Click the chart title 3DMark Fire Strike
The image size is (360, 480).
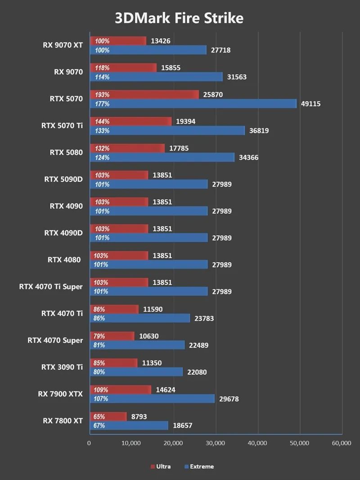coord(179,18)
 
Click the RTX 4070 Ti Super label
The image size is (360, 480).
coord(51,287)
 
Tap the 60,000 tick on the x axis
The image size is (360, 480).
coord(341,443)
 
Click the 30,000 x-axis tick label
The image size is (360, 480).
coord(216,443)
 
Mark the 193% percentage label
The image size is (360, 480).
coord(102,94)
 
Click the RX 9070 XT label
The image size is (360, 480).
coord(63,45)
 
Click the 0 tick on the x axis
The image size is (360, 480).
coord(89,443)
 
